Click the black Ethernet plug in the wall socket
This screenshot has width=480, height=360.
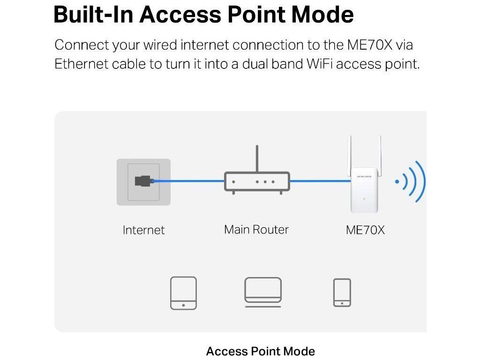(143, 180)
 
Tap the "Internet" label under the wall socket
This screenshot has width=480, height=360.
(143, 230)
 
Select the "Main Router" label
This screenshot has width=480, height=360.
(256, 230)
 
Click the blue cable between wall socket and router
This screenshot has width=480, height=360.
(187, 180)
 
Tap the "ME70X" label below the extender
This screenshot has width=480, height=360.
(365, 230)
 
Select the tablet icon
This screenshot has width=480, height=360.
(183, 293)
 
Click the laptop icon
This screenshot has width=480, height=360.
(263, 292)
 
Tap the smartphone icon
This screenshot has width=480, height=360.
(342, 293)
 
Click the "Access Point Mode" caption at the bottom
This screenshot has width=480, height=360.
(261, 351)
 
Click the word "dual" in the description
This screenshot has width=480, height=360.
(256, 64)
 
